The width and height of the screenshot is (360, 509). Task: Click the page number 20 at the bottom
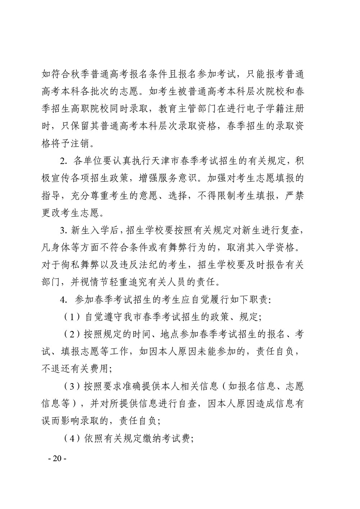(x=57, y=459)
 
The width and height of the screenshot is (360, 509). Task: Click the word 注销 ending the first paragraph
(x=82, y=144)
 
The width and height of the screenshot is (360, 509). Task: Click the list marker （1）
(x=71, y=317)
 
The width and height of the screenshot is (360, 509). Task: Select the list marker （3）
(x=71, y=387)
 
